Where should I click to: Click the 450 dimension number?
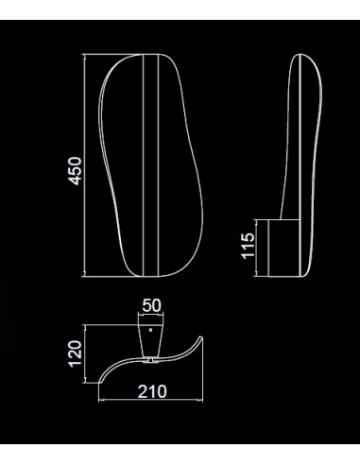click(76, 170)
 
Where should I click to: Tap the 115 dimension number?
click(248, 246)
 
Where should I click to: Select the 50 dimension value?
click(151, 305)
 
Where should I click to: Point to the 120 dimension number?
click(75, 353)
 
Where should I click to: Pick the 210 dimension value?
click(152, 391)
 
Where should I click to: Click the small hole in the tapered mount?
click(150, 330)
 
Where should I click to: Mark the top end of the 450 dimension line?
click(84, 55)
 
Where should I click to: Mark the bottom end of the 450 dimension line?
click(84, 277)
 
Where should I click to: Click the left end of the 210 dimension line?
click(99, 400)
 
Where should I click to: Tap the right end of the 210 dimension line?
click(203, 400)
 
